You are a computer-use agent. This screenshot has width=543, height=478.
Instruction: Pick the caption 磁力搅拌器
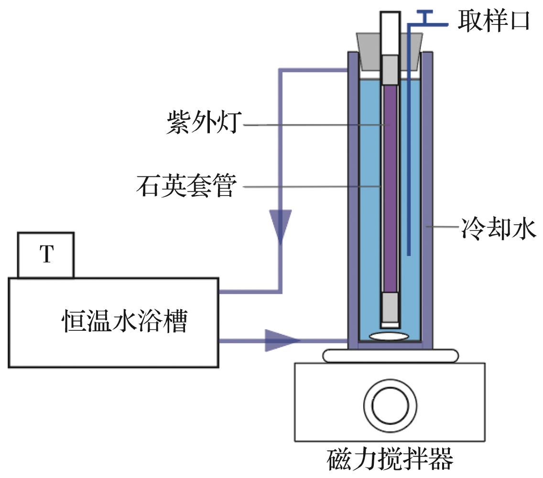pyautogui.click(x=390, y=460)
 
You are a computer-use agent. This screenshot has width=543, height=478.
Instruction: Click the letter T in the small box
pyautogui.click(x=46, y=255)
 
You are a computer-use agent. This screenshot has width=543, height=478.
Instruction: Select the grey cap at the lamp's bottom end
pyautogui.click(x=391, y=307)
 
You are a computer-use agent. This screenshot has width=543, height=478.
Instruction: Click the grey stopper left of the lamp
pyautogui.click(x=369, y=50)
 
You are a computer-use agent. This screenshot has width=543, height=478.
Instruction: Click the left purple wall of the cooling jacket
pyautogui.click(x=352, y=201)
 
